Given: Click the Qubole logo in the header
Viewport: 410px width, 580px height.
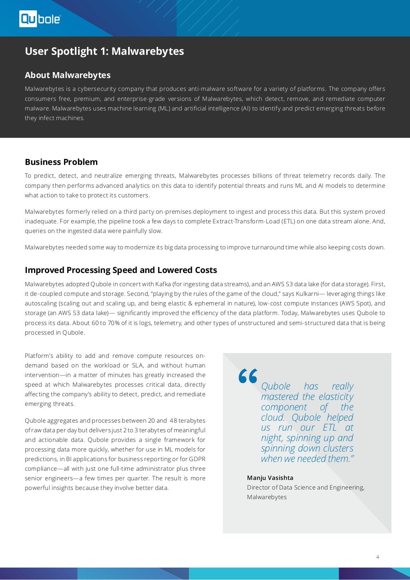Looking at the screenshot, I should pos(40,19).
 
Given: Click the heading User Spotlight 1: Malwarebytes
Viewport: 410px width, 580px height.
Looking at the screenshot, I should pos(104,51).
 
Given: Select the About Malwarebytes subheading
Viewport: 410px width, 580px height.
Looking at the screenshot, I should pos(68,75).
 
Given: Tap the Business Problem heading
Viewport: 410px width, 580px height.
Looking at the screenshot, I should pos(61,162).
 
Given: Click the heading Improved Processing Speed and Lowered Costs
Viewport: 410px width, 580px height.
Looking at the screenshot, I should pos(121,270).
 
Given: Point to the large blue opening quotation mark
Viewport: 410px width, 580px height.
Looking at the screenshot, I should pos(247,377).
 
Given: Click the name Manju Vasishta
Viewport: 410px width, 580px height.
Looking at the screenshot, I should pos(270,478).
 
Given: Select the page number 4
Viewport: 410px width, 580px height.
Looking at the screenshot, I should pos(378,557).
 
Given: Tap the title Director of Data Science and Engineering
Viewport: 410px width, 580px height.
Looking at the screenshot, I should pos(305,488).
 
